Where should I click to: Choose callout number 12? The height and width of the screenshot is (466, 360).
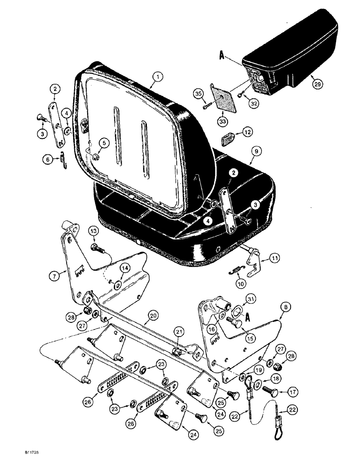246,133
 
